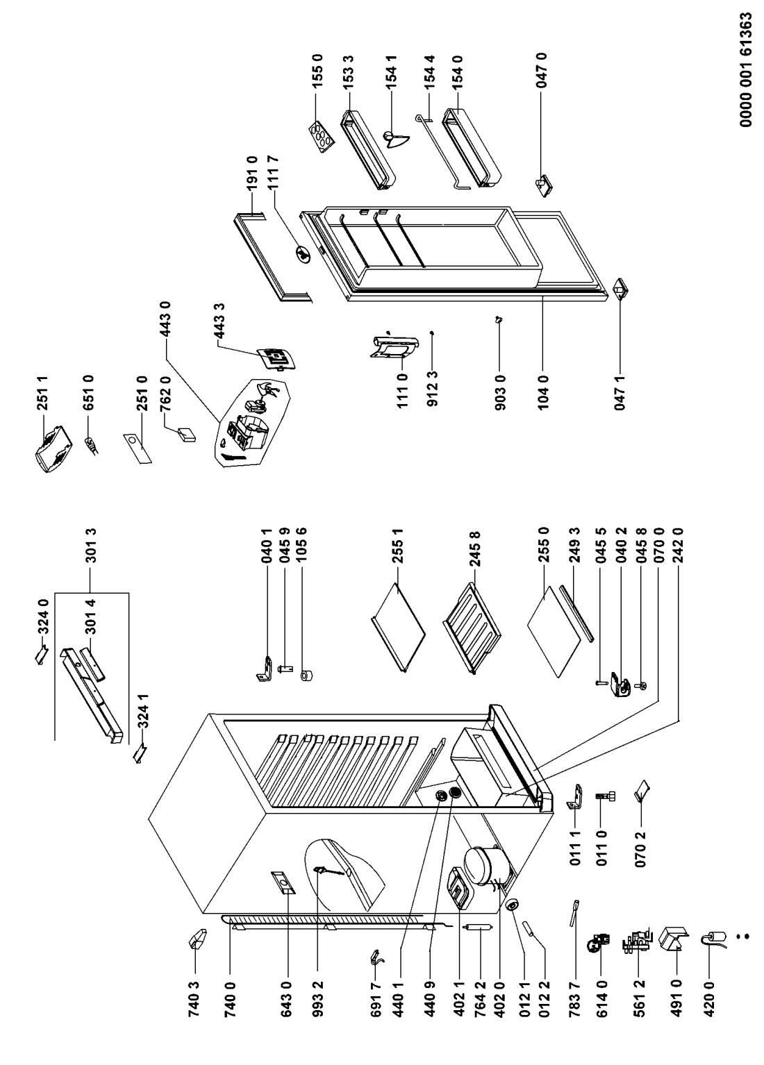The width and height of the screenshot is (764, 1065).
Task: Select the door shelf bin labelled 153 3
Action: (366, 148)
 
